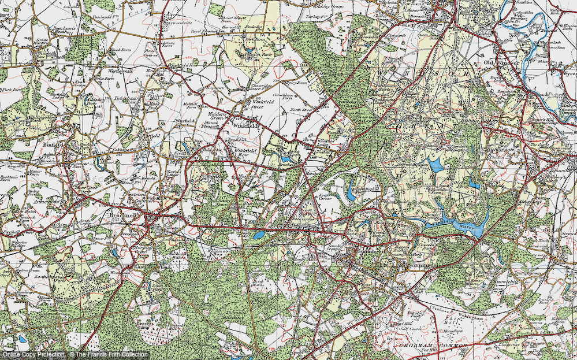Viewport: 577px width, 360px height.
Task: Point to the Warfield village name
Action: coord(187,122)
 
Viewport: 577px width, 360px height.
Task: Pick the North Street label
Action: coord(300,109)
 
